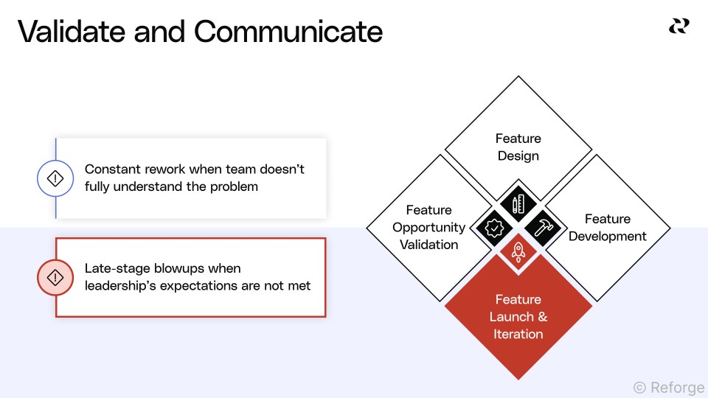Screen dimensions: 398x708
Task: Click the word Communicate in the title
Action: point(288,32)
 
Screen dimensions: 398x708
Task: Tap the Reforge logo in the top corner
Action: point(678,27)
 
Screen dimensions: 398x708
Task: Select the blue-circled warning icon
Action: point(55,178)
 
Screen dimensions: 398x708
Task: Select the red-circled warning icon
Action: point(55,277)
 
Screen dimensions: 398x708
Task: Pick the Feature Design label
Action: point(518,147)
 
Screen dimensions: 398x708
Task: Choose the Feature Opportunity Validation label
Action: point(428,227)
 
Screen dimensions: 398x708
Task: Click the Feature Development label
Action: point(607,228)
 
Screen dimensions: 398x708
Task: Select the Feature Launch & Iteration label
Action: point(518,317)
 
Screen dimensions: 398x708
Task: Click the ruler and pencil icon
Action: point(518,204)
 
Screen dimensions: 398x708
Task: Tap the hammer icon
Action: point(544,227)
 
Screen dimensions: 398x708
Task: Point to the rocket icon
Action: point(518,252)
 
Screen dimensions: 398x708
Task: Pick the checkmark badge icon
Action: point(493,227)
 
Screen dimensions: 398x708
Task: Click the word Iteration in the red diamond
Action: point(518,334)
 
